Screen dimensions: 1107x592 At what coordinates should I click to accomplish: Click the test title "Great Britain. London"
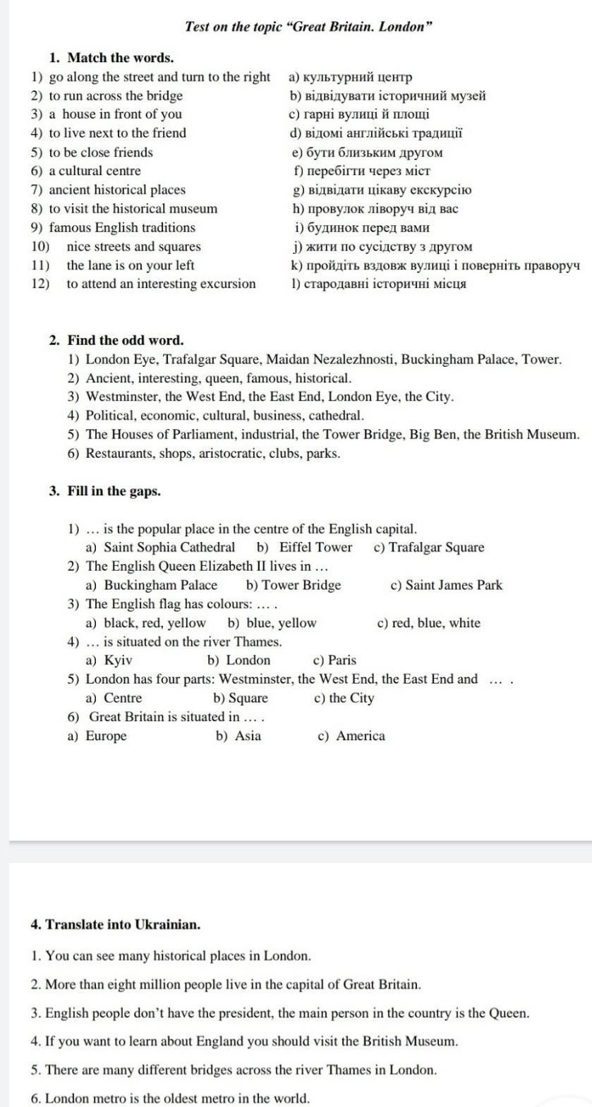[308, 27]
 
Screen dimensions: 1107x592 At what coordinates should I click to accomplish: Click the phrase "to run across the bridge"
[116, 96]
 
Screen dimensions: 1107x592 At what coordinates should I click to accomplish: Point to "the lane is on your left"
[131, 265]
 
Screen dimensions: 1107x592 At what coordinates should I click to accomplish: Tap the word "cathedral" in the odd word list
[335, 416]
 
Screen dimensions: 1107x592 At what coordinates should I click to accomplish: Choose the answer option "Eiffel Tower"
[315, 548]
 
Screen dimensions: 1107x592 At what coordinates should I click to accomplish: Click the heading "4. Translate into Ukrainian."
[116, 924]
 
